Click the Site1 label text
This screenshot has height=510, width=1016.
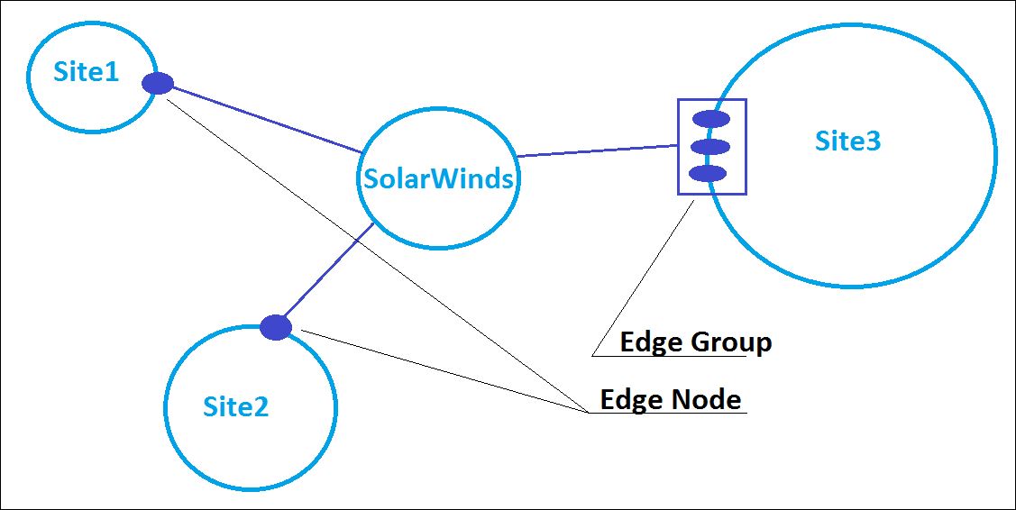click(86, 72)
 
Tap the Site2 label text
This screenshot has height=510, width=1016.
click(235, 407)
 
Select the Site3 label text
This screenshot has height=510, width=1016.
click(847, 141)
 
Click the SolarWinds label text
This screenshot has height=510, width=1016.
click(438, 178)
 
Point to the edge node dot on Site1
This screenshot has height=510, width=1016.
click(158, 83)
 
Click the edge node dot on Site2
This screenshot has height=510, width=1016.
click(275, 327)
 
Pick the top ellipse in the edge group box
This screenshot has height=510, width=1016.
click(710, 118)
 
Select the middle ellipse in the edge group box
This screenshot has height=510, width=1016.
click(710, 146)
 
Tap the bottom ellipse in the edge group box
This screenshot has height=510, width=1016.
click(708, 173)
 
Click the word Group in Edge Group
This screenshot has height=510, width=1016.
click(731, 343)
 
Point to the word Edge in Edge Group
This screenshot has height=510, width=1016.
click(652, 343)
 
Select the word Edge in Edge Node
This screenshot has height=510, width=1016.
click(631, 399)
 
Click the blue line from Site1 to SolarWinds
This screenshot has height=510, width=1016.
click(266, 118)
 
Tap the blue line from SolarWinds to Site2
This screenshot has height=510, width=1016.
click(325, 275)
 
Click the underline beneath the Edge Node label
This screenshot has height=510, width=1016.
click(667, 414)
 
